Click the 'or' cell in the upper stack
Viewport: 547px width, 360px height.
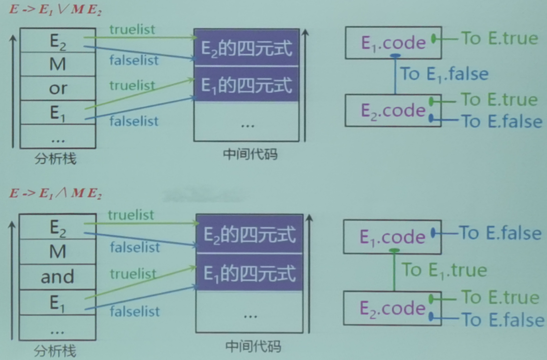pyautogui.click(x=58, y=88)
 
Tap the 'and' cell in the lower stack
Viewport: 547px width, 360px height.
pyautogui.click(x=58, y=277)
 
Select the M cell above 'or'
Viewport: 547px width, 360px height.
pyautogui.click(x=58, y=64)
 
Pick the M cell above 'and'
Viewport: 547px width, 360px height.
pyautogui.click(x=58, y=252)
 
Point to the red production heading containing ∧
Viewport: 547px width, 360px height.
pyautogui.click(x=55, y=194)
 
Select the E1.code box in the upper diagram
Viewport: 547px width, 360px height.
pyautogui.click(x=393, y=43)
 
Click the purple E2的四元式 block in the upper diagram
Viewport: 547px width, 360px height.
pyautogui.click(x=247, y=48)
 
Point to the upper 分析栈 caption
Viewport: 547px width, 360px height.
pyautogui.click(x=56, y=160)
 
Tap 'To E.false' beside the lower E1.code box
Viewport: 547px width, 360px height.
pyautogui.click(x=500, y=232)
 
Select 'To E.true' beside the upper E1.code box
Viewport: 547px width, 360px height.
pyautogui.click(x=500, y=38)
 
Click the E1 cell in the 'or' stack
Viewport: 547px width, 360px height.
pyautogui.click(x=58, y=112)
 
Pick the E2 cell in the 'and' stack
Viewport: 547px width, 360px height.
pyautogui.click(x=58, y=228)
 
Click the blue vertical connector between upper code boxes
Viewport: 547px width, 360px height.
pyautogui.click(x=395, y=75)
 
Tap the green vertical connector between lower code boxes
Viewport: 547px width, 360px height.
pyautogui.click(x=394, y=272)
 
